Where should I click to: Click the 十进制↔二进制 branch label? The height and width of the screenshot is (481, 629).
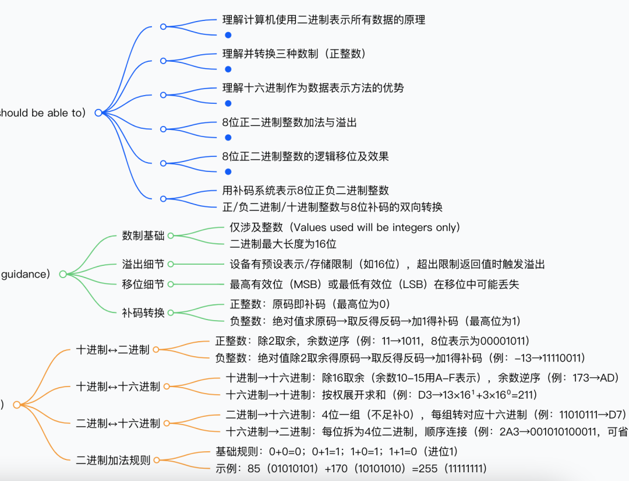(x=113, y=350)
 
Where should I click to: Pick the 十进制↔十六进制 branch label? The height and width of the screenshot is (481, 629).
(x=118, y=386)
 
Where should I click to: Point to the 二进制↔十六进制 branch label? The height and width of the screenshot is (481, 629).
(x=118, y=423)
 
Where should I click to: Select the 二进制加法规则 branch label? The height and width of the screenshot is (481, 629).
(x=113, y=460)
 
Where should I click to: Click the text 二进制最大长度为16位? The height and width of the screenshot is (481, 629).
(x=283, y=244)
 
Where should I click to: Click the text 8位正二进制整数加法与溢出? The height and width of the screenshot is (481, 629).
(x=289, y=122)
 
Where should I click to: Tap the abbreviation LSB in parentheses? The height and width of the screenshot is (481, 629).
(x=421, y=284)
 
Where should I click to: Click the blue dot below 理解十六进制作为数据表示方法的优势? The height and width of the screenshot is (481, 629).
(x=228, y=103)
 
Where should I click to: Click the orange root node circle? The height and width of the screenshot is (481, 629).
(x=16, y=405)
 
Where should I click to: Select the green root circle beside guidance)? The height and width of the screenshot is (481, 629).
(x=63, y=274)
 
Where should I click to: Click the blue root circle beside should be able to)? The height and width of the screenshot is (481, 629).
(x=98, y=113)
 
